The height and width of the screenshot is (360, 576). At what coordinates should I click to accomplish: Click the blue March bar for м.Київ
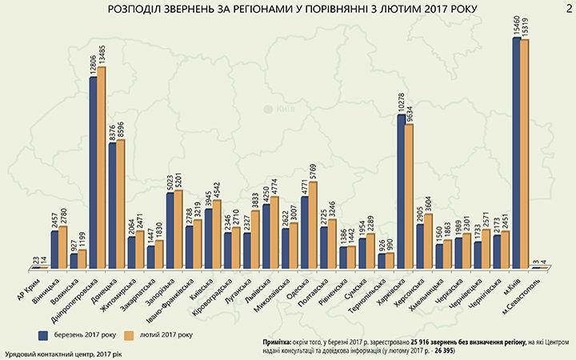[516, 152]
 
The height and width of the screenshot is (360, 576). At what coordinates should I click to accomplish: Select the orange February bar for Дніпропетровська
[101, 168]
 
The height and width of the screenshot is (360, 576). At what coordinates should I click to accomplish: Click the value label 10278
[401, 102]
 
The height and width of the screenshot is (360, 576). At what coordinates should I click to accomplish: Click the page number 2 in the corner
[566, 9]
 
